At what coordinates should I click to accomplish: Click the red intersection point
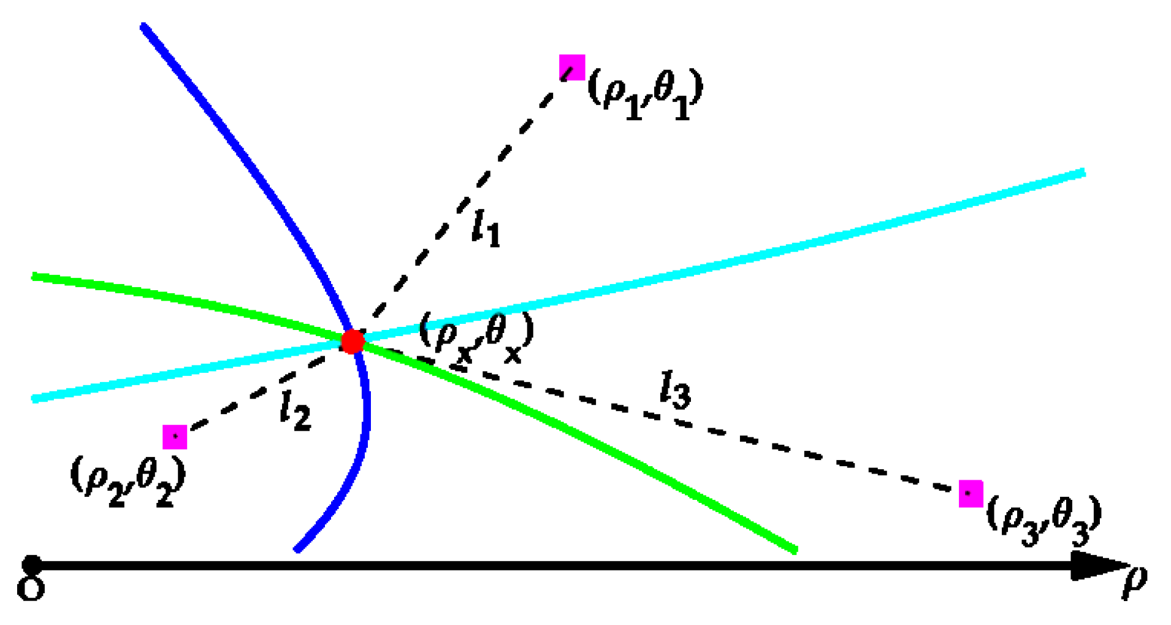[353, 341]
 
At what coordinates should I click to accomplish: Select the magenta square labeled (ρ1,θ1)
[571, 67]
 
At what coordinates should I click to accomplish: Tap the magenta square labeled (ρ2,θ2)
[175, 437]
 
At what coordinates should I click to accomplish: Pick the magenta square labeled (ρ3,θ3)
[971, 494]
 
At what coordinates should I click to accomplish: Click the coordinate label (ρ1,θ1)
[645, 93]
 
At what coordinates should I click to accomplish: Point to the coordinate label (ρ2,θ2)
[128, 481]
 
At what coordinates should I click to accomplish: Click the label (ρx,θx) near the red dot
[476, 337]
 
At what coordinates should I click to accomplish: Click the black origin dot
[31, 565]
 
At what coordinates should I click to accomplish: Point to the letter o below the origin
[31, 588]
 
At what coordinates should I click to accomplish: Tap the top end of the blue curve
[143, 26]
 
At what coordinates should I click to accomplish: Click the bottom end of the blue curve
[297, 550]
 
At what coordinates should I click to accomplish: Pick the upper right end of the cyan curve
[1083, 173]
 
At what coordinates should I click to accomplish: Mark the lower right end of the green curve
[795, 550]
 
